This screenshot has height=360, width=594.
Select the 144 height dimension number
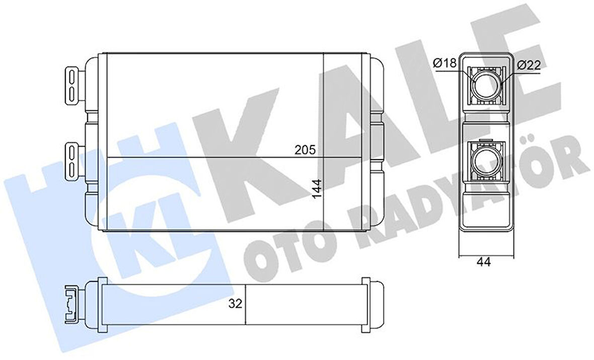[317, 189]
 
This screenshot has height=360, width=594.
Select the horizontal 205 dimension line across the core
[211, 157]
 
